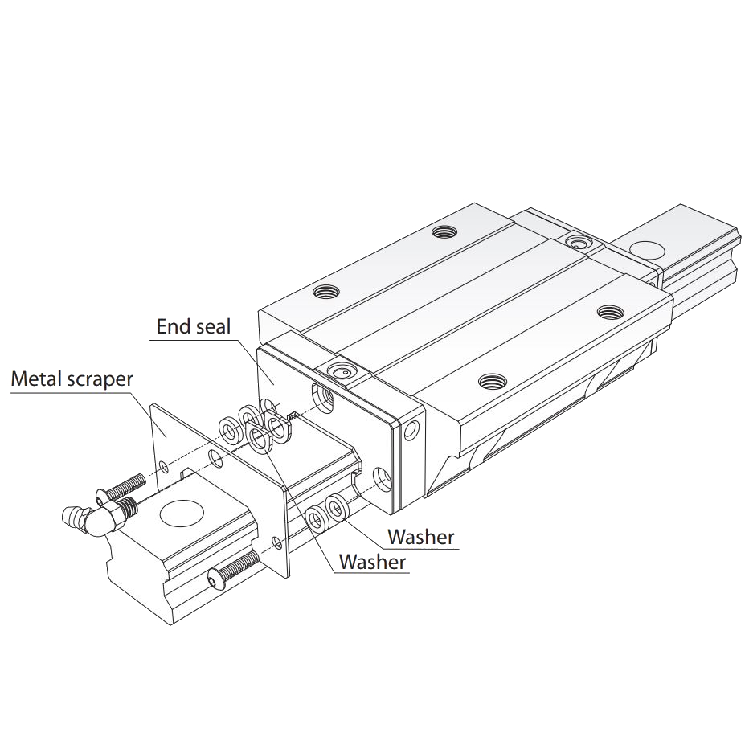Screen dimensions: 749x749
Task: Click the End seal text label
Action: point(193,325)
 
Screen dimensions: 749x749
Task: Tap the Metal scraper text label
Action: point(72,379)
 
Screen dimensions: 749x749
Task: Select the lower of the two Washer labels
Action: point(372,561)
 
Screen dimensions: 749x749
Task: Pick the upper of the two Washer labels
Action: point(420,536)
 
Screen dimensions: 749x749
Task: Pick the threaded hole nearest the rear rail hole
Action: point(609,311)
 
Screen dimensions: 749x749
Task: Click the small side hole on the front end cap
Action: point(413,431)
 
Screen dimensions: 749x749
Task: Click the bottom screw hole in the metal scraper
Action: point(276,542)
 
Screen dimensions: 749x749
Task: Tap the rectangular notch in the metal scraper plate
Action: point(189,474)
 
